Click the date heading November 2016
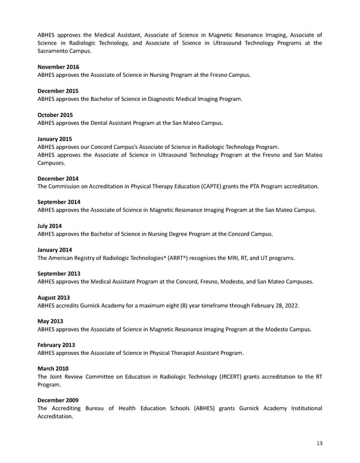[x=58, y=67]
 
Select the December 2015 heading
[x=58, y=91]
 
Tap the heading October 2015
[x=56, y=115]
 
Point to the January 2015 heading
[x=55, y=139]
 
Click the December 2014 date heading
[x=58, y=178]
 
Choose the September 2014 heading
[x=59, y=202]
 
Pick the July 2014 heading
[x=50, y=226]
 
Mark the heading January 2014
[x=55, y=250]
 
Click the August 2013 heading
[x=53, y=297]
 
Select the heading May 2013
[x=50, y=321]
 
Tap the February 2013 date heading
[x=56, y=345]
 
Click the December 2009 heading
[x=58, y=401]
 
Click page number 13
[x=319, y=443]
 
